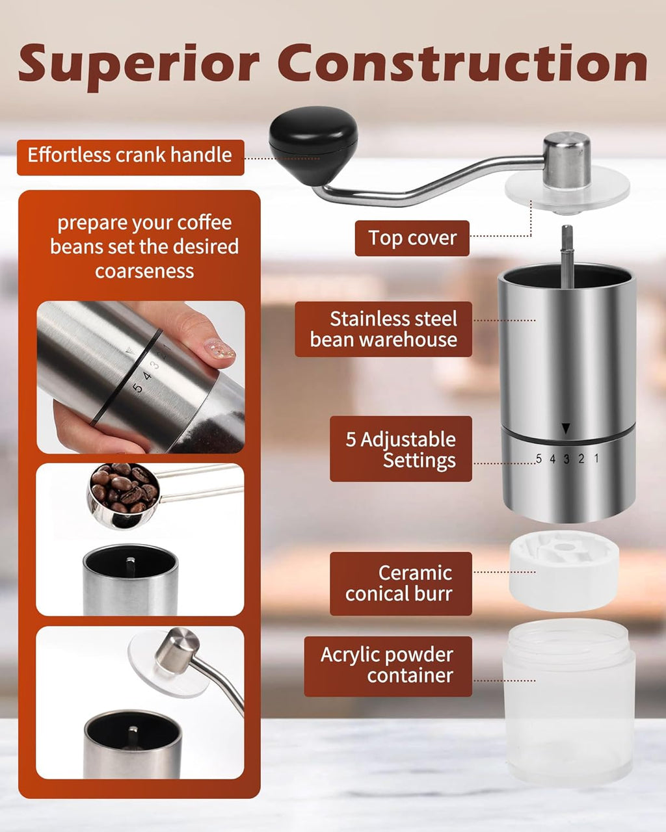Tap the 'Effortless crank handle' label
coord(130,156)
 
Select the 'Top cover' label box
coord(412,238)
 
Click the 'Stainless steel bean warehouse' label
coord(384,329)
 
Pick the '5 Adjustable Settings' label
coord(401,449)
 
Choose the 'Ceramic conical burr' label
coord(401,583)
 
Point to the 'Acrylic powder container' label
coord(388,666)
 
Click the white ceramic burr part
coord(564,569)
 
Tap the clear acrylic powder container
coord(568,702)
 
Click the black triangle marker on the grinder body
coord(566,428)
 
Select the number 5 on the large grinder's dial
coord(539,459)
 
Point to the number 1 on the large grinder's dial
coord(596,458)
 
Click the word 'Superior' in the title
coord(139,65)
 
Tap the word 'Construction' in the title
coord(462,64)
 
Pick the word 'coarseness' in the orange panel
coord(144,271)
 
